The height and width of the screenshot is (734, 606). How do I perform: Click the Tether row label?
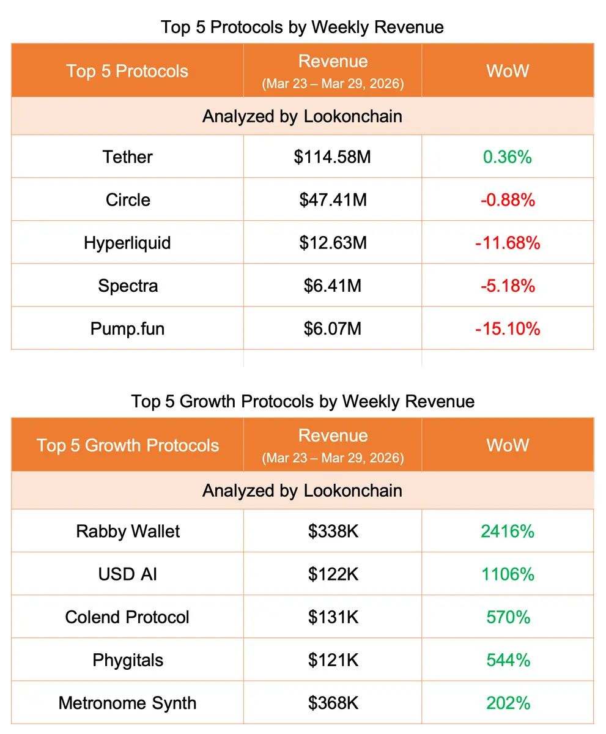[x=127, y=157]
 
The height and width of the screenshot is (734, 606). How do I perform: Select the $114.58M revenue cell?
[x=332, y=157]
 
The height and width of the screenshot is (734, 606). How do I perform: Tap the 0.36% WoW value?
[x=507, y=157]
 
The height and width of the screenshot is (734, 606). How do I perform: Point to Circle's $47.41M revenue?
[x=333, y=200]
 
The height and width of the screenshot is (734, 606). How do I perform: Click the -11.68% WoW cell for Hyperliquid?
[x=507, y=243]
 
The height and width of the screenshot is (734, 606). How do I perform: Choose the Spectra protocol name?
[x=127, y=286]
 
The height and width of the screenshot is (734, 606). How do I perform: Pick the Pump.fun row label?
[x=127, y=328]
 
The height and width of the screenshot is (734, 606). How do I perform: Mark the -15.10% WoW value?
[x=507, y=328]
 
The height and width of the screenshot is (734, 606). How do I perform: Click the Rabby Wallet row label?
[x=127, y=531]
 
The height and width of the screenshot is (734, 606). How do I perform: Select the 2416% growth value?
[x=507, y=531]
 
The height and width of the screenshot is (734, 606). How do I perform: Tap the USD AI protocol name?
[x=127, y=574]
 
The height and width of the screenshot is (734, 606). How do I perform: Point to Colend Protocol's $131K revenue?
[x=333, y=617]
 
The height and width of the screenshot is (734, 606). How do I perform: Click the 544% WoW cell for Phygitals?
[x=507, y=660]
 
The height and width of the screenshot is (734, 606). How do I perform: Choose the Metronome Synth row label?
[x=127, y=703]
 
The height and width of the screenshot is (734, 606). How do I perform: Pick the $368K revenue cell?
[x=333, y=703]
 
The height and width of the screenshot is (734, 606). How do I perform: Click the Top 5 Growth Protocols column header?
[x=127, y=445]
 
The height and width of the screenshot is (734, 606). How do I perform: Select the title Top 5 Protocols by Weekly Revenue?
[x=302, y=28]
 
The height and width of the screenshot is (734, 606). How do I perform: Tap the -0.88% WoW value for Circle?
[x=507, y=200]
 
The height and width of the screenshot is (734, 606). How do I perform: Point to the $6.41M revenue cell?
[x=333, y=286]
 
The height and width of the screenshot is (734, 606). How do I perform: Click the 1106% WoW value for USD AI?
[x=507, y=574]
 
